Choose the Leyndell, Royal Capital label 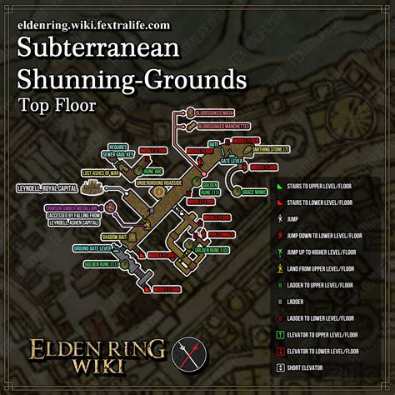point(47,188)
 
